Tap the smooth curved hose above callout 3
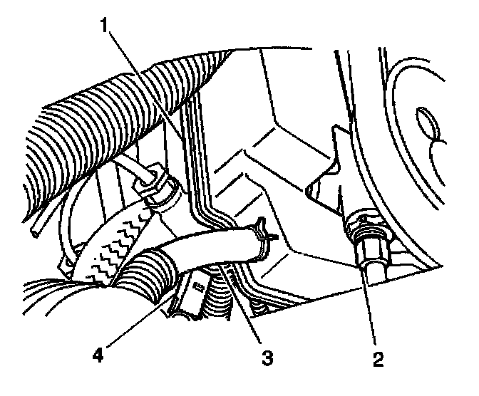[207, 245]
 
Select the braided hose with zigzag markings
[114, 246]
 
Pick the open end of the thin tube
[36, 231]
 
